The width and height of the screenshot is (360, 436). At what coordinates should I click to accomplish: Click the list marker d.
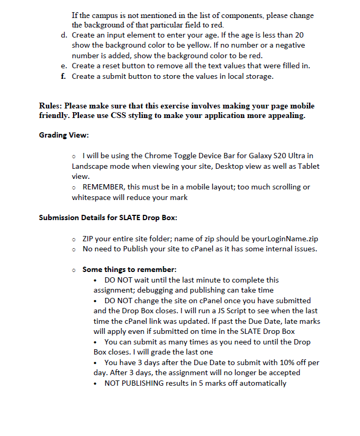(x=64, y=35)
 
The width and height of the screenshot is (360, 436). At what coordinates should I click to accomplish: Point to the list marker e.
(x=64, y=66)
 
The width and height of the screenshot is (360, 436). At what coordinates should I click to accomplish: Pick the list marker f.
(x=64, y=77)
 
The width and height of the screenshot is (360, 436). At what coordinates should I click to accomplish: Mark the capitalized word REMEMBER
(x=105, y=187)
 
